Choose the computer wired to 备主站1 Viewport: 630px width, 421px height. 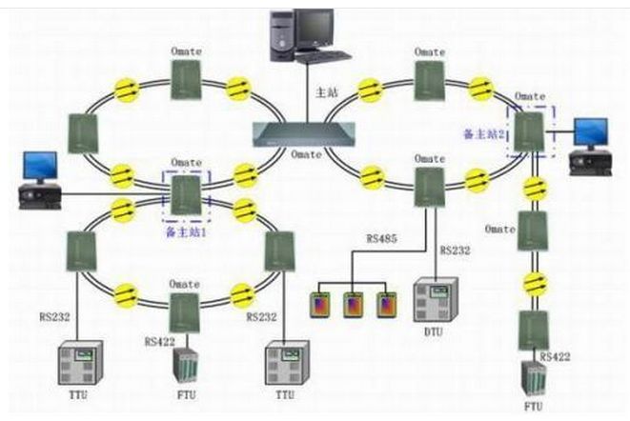click(40, 181)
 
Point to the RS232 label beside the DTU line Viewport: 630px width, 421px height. click(456, 251)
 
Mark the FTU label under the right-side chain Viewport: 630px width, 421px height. click(533, 406)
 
